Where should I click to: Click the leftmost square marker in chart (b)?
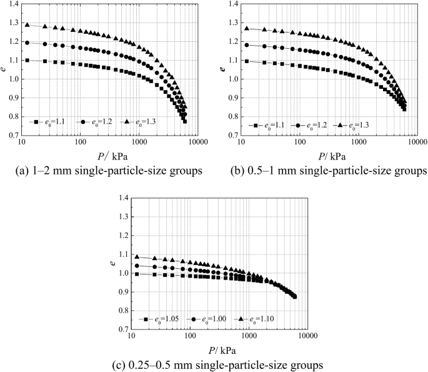click(247, 61)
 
